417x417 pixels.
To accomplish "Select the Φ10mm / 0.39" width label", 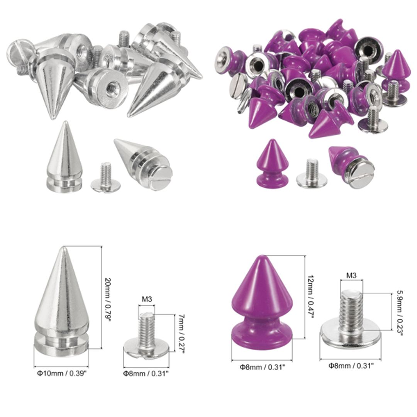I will pyautogui.click(x=61, y=373).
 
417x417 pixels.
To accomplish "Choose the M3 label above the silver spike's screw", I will pyautogui.click(x=146, y=299).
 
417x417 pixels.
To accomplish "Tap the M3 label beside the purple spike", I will pyautogui.click(x=351, y=275).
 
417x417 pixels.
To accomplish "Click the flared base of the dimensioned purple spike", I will pyautogui.click(x=262, y=337).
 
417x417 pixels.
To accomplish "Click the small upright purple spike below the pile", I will pyautogui.click(x=272, y=164).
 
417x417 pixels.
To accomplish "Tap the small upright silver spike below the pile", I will pyautogui.click(x=62, y=158).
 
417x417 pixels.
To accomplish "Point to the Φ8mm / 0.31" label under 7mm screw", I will pyautogui.click(x=146, y=373).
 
